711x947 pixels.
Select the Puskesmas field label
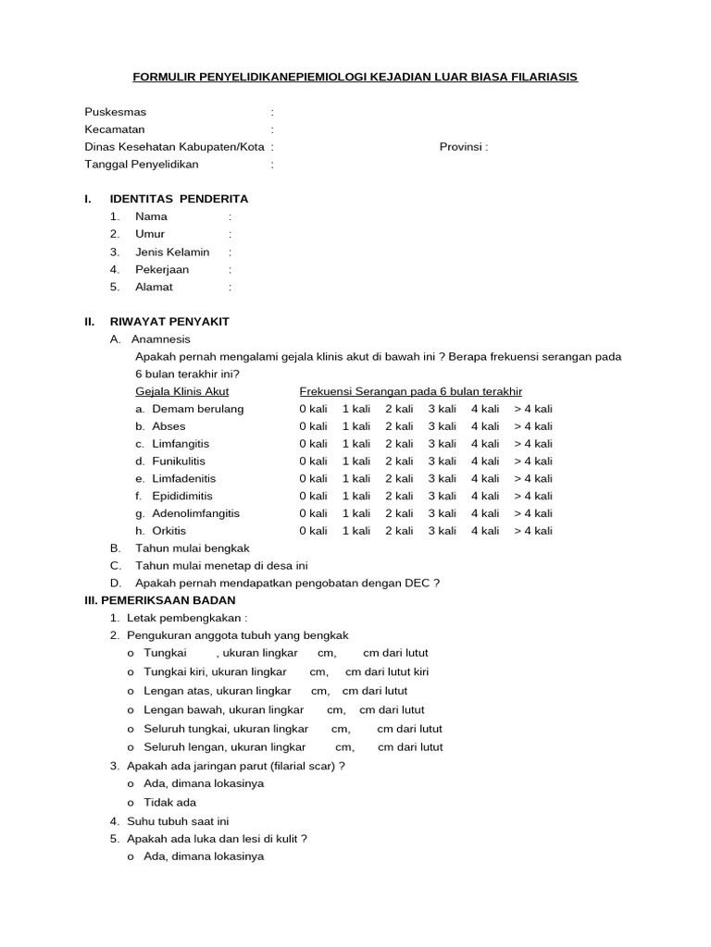(116, 112)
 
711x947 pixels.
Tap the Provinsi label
(463, 147)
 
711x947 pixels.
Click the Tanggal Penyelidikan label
(142, 165)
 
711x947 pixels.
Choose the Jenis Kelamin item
(172, 252)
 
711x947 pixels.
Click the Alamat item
(154, 287)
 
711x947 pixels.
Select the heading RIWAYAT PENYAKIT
(169, 322)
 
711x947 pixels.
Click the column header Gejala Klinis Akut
(182, 391)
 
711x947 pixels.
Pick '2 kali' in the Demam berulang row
(399, 409)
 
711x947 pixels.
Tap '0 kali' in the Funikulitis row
(313, 461)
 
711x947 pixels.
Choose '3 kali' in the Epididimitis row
(442, 496)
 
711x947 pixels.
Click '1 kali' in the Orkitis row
(356, 531)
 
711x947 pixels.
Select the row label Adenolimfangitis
(195, 513)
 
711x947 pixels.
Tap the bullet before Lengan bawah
(131, 710)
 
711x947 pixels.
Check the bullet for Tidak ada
(131, 803)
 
